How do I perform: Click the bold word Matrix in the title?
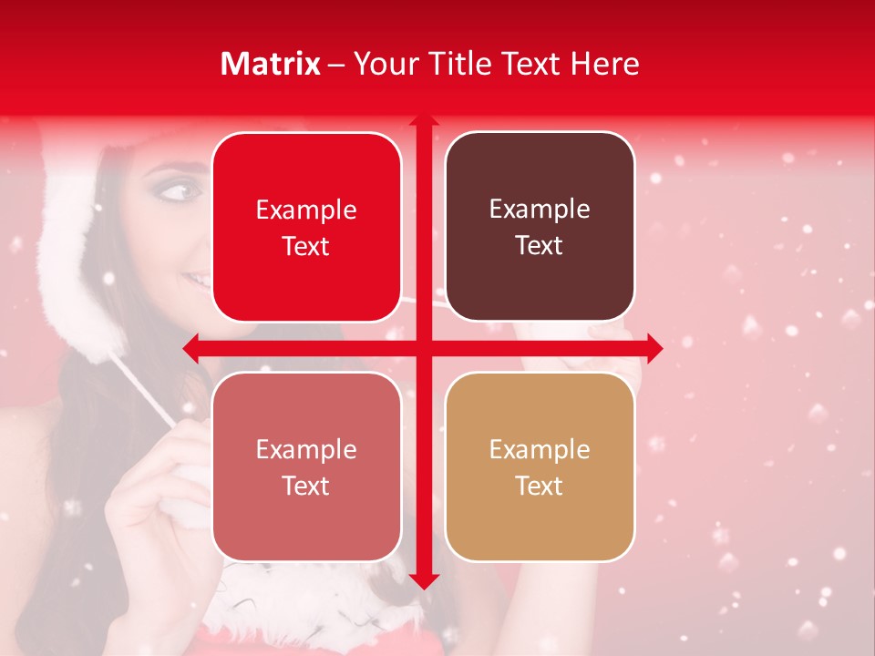271,64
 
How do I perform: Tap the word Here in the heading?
604,64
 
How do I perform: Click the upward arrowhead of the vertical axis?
423,119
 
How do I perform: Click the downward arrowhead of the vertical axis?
423,581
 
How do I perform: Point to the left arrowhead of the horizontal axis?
190,347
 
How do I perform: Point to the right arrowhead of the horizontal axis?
655,347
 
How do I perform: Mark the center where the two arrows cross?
423,347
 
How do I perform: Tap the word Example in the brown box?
540,210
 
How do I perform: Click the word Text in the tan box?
540,487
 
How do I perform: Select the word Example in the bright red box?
306,210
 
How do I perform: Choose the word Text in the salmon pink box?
306,487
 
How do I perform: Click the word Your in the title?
382,64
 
